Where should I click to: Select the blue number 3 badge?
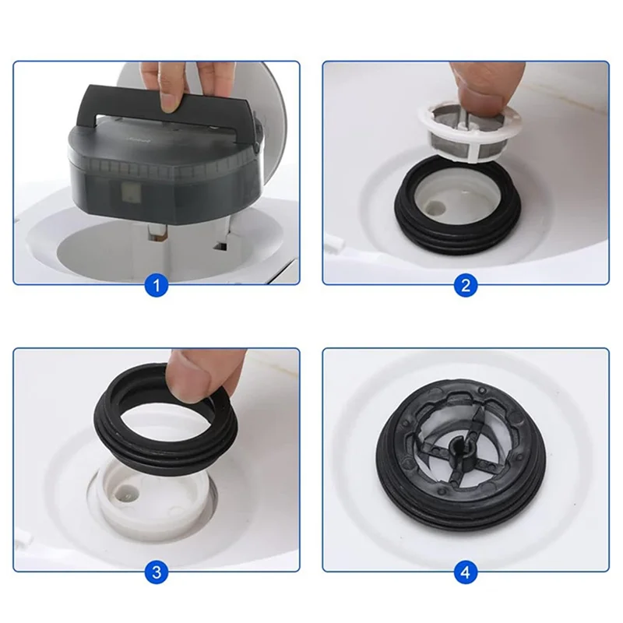click(157, 572)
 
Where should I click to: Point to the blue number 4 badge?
click(465, 572)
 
